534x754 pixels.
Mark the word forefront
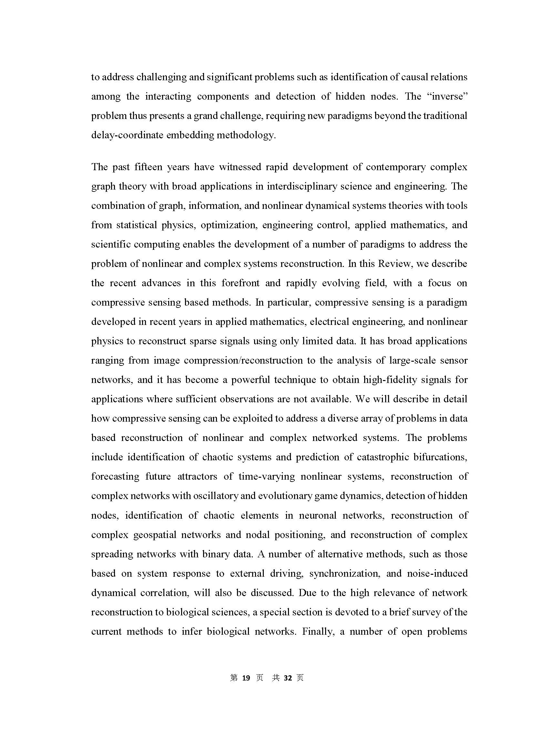241,283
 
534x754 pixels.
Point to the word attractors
197,476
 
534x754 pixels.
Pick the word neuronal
318,515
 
